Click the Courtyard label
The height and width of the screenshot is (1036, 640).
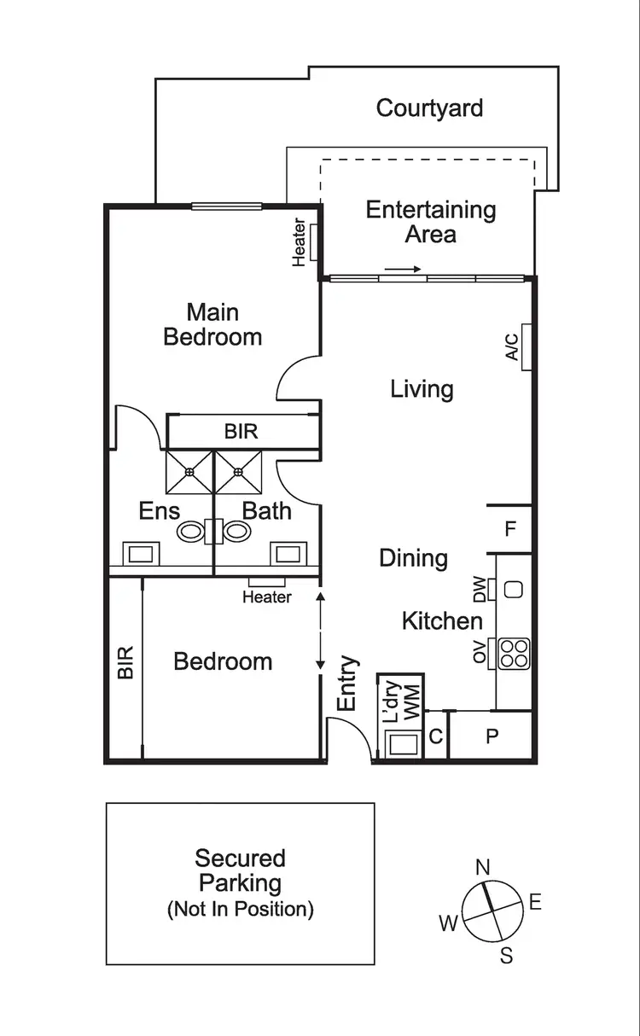429,108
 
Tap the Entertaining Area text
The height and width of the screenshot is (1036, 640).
431,222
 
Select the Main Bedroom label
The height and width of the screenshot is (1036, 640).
212,324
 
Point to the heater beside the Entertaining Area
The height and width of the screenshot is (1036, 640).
314,242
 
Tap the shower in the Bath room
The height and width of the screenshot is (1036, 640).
238,472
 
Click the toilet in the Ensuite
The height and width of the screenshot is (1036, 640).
194,531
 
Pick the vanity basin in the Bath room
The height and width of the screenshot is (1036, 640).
284,554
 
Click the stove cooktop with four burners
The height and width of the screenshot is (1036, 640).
515,653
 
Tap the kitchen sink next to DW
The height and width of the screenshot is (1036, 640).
514,589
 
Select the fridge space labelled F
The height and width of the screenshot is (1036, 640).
510,529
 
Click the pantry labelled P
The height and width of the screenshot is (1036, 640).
492,736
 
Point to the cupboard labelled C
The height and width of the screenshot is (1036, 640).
436,736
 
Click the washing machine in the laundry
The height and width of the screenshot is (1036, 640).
400,743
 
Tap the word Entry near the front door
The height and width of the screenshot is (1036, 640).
347,683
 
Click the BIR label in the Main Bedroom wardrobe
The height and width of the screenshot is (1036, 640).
241,432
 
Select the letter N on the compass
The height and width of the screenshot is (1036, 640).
482,868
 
